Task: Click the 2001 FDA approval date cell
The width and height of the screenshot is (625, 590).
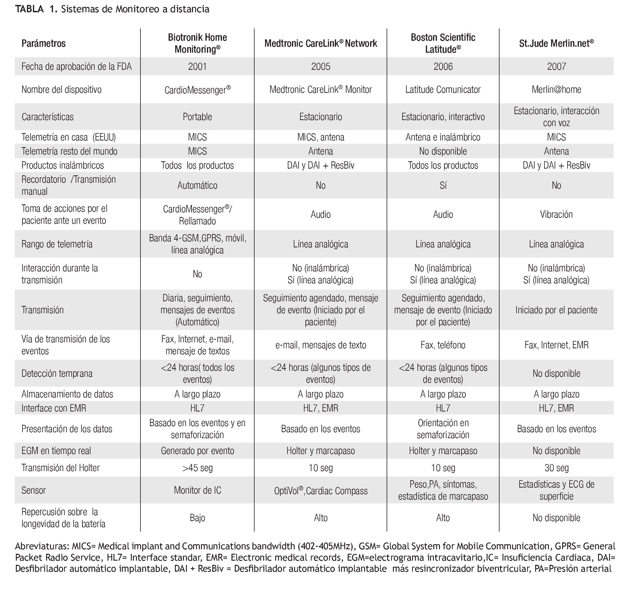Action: [197, 66]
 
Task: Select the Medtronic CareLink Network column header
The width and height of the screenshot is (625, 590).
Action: [320, 43]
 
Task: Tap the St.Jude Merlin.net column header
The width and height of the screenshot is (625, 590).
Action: [556, 43]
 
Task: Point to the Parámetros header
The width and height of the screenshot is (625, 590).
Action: [43, 43]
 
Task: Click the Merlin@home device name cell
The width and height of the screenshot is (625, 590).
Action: [556, 90]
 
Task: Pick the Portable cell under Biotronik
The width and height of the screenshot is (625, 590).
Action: [197, 117]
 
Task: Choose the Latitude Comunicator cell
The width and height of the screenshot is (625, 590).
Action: [443, 90]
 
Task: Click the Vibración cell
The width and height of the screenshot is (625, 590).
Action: [556, 214]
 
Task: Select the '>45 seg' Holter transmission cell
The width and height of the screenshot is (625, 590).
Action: [197, 468]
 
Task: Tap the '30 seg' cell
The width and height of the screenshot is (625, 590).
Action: [556, 468]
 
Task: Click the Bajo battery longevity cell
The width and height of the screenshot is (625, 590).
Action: [197, 518]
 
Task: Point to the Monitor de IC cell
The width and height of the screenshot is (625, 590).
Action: [197, 490]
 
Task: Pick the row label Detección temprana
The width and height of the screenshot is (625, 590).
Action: [57, 373]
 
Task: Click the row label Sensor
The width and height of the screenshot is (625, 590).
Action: [34, 490]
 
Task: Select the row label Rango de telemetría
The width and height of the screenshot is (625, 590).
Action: [57, 244]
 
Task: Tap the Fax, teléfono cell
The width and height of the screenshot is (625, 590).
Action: [443, 345]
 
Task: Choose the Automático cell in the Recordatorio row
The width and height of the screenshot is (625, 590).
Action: [197, 185]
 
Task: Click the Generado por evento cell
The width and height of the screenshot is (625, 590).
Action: [197, 451]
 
